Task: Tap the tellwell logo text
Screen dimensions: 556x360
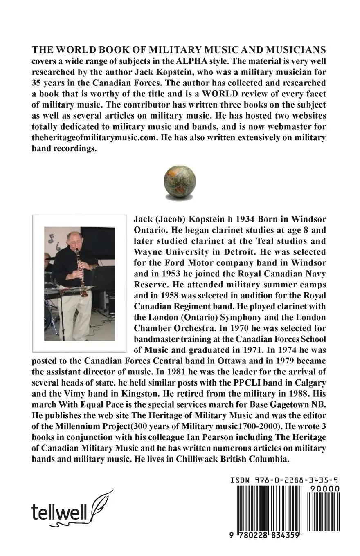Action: (x=59, y=511)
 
